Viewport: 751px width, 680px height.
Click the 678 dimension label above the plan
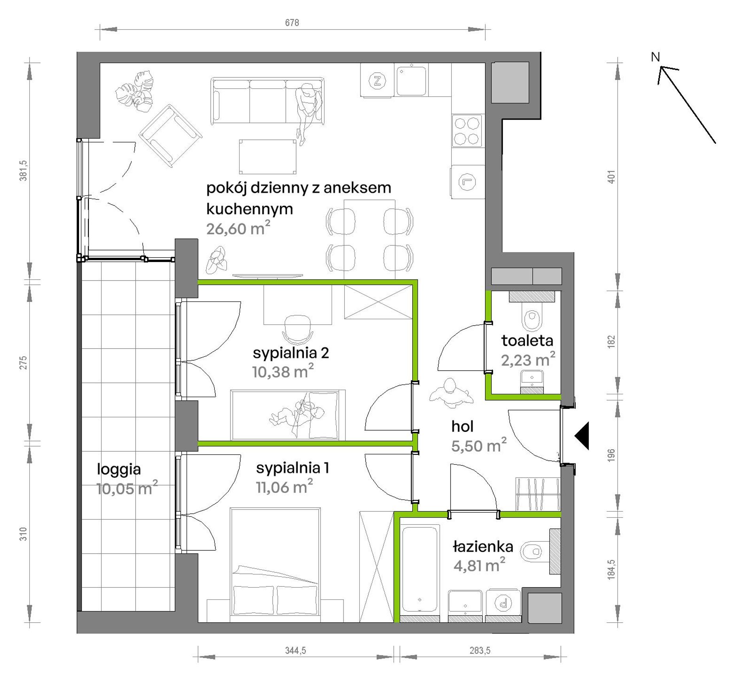[x=292, y=23]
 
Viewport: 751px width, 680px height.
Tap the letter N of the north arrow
[x=655, y=57]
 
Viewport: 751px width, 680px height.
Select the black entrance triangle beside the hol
[x=582, y=436]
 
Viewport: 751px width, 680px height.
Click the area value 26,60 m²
[x=238, y=228]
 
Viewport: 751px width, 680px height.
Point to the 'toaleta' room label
[x=527, y=340]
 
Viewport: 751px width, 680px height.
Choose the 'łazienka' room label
[x=483, y=546]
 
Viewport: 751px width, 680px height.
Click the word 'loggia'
[x=119, y=470]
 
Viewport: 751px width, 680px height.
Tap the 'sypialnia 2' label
[x=291, y=353]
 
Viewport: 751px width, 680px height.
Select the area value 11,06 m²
[x=285, y=487]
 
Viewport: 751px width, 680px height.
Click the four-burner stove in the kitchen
[x=467, y=131]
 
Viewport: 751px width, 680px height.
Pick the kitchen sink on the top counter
[x=411, y=81]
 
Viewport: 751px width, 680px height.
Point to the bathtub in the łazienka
[x=420, y=569]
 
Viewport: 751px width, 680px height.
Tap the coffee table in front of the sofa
[x=268, y=157]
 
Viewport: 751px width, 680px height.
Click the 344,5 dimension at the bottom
[x=296, y=650]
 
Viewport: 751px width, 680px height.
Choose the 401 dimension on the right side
[x=611, y=177]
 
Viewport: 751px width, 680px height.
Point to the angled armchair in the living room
[x=170, y=136]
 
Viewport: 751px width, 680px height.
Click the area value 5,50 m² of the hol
[x=479, y=445]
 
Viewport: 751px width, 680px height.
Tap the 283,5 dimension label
[x=480, y=650]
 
